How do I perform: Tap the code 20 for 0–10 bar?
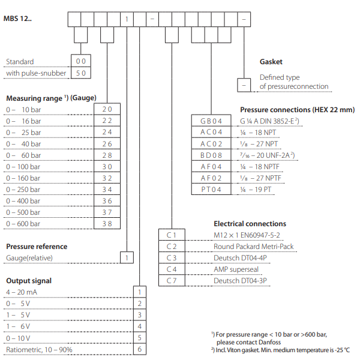[x=107, y=109]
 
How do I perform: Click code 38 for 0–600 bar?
[x=107, y=224]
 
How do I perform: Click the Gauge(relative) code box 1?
[x=127, y=258]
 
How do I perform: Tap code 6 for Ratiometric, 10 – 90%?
[x=139, y=349]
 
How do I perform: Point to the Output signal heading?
[x=28, y=280]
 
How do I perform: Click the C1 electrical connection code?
[x=172, y=235]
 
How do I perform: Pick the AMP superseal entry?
[x=236, y=269]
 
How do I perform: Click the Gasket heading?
[x=271, y=62]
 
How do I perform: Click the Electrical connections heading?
[x=250, y=224]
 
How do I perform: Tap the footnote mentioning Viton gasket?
[x=280, y=350]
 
